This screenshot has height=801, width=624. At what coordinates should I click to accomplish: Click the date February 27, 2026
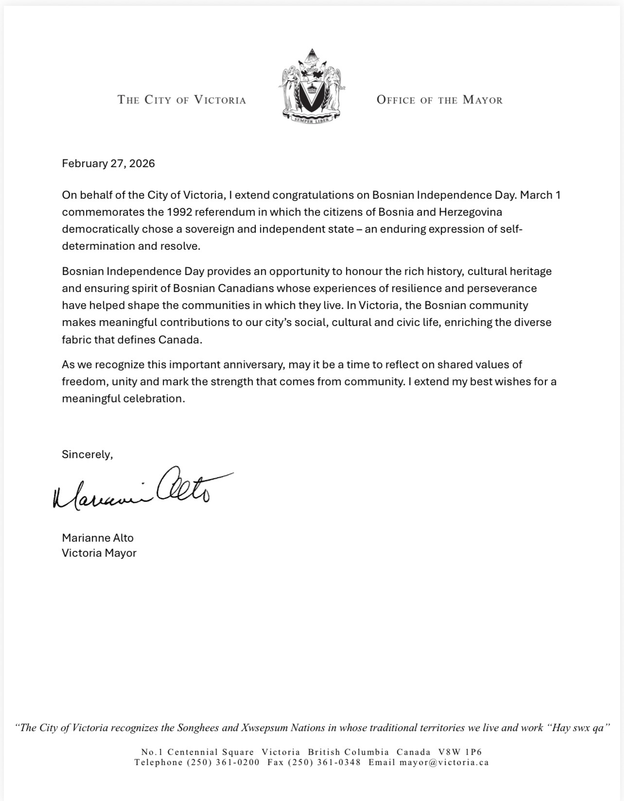pyautogui.click(x=108, y=163)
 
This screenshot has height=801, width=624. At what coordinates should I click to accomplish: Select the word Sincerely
pyautogui.click(x=87, y=455)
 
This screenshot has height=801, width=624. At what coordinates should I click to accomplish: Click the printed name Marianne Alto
pyautogui.click(x=98, y=538)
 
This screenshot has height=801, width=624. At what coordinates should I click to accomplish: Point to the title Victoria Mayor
pyautogui.click(x=99, y=553)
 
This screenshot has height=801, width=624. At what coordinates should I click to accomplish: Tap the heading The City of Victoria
pyautogui.click(x=182, y=100)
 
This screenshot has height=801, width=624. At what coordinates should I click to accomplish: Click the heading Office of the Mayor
pyautogui.click(x=439, y=100)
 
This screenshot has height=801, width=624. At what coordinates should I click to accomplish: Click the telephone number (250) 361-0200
pyautogui.click(x=223, y=762)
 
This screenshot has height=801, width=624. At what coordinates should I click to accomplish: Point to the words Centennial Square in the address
pyautogui.click(x=210, y=752)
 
